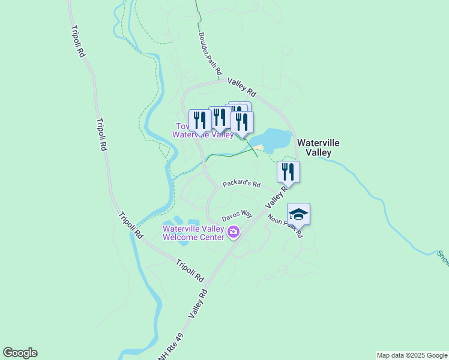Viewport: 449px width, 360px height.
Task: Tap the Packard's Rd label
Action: coord(241,184)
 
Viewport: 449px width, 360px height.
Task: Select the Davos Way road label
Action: coord(237,215)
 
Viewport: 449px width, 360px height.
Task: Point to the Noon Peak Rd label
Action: coord(285,226)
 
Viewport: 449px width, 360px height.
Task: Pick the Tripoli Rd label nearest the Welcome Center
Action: coord(190,270)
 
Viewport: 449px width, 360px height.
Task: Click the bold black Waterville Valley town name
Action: coord(319,148)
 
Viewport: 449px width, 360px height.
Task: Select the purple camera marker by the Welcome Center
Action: coord(234,232)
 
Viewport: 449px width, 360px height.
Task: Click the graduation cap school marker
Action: coord(298,214)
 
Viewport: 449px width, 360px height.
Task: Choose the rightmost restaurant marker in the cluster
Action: coord(242,122)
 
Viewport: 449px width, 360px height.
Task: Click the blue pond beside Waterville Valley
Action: coord(273,139)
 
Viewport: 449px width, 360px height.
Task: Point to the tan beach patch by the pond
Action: coord(259,148)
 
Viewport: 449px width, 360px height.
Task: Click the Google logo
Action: coord(20,353)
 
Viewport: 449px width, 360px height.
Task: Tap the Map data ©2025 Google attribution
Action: coord(412,355)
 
